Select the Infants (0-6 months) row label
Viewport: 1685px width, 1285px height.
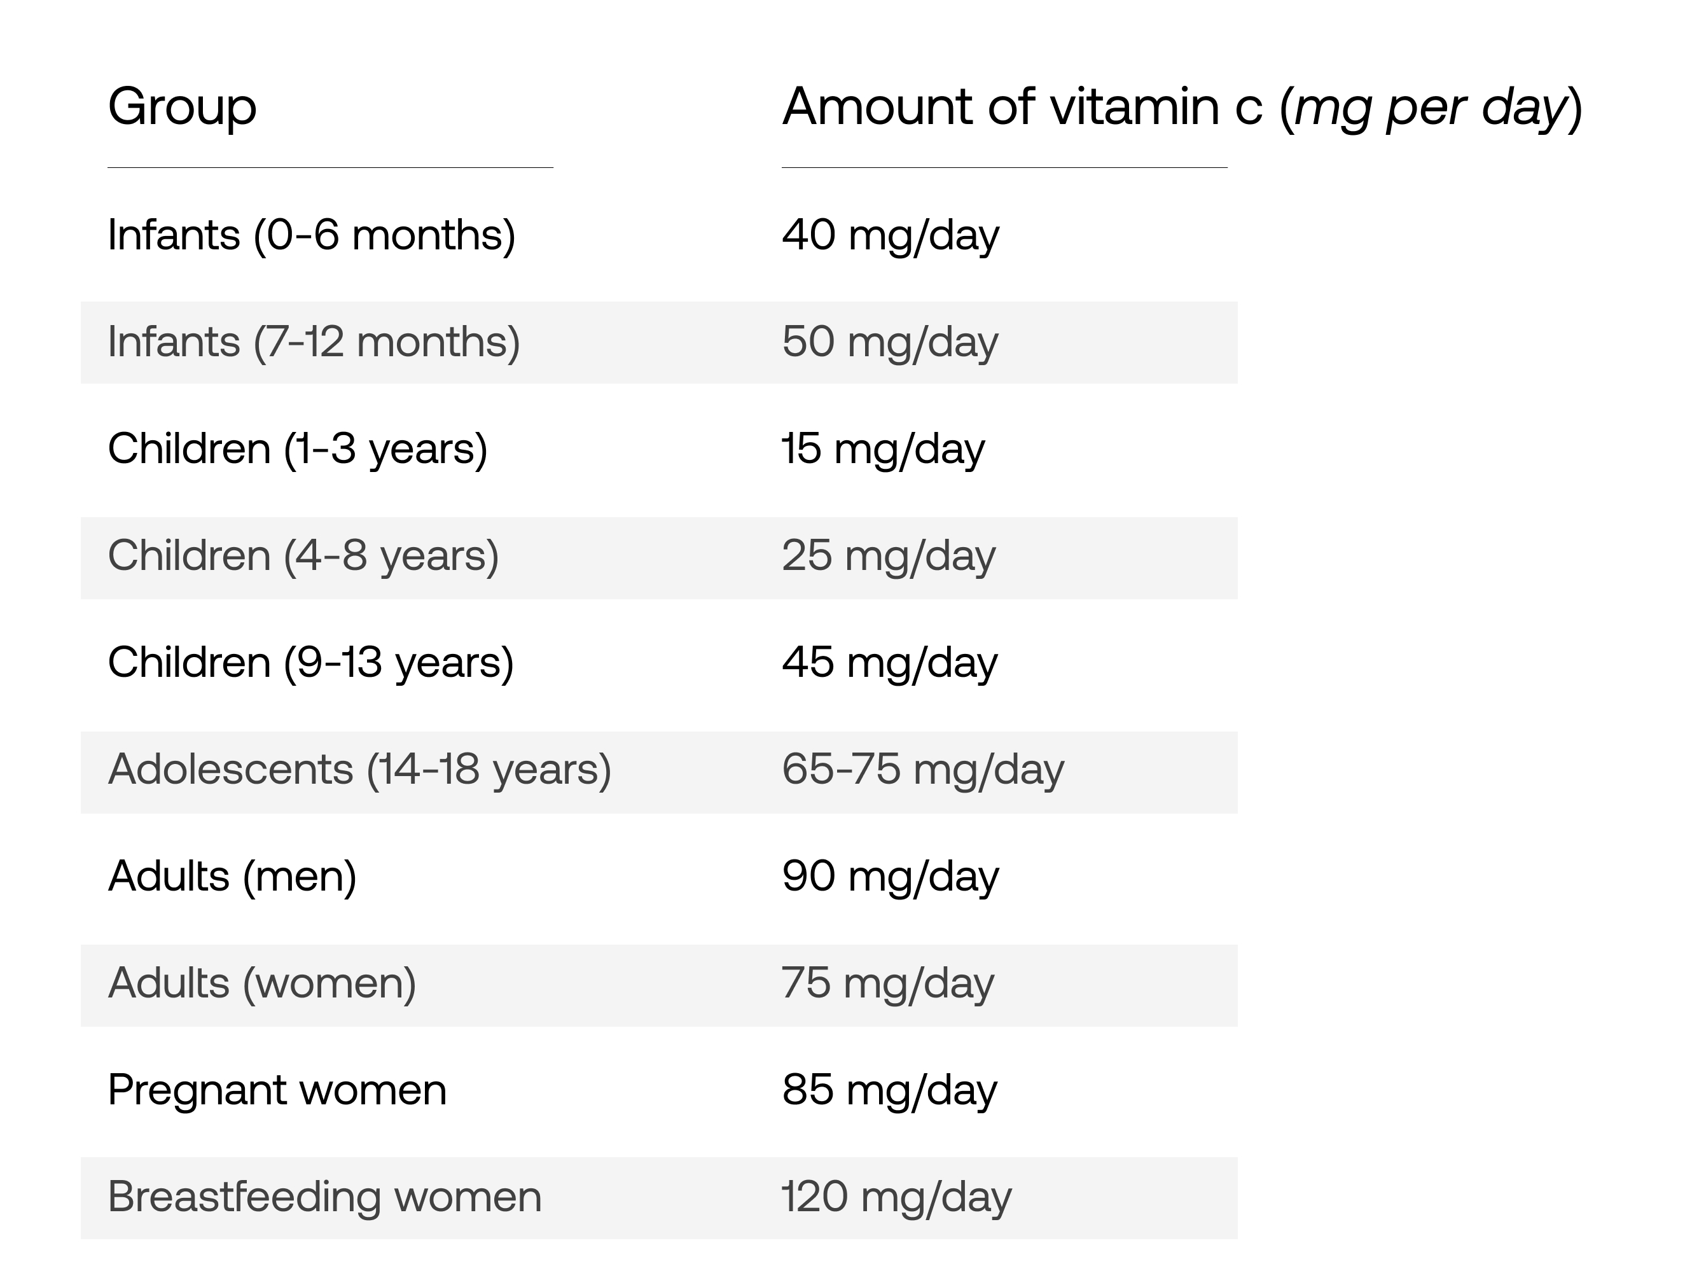pos(311,235)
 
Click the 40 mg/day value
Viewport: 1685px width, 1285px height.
pos(891,235)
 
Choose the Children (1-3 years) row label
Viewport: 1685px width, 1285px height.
pos(298,450)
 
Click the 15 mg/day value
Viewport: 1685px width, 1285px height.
pos(884,450)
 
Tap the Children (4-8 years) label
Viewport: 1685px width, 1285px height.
pos(303,557)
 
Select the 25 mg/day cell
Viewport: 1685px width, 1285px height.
pos(889,557)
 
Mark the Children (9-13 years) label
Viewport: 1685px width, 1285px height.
pos(310,663)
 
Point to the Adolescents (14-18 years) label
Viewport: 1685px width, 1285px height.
pos(359,770)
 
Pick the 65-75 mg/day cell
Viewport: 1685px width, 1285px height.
pos(923,770)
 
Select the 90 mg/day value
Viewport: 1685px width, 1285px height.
pos(891,877)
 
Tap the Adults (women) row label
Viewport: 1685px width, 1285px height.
pos(262,984)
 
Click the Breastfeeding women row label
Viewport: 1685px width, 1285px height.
pos(324,1198)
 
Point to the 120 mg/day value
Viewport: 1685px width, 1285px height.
pos(896,1198)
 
